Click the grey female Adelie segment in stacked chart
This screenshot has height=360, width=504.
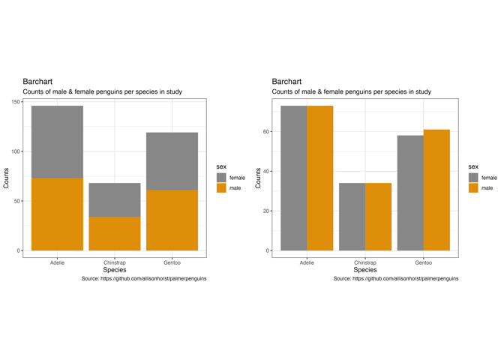57,142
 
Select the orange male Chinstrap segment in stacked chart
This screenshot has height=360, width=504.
115,233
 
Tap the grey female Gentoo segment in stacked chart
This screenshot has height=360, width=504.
172,161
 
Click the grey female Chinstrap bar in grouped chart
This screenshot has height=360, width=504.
352,217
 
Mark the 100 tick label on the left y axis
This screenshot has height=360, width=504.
16,151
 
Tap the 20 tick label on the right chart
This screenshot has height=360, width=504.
265,211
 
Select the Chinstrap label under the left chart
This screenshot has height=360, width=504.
115,263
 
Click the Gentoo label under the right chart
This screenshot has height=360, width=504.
423,263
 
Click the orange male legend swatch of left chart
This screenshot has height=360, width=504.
221,188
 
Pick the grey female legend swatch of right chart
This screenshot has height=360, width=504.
473,178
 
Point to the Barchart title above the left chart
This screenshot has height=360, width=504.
37,81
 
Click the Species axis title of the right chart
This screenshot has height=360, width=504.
364,270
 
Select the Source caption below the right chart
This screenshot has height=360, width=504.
396,278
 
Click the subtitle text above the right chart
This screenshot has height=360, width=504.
351,91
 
